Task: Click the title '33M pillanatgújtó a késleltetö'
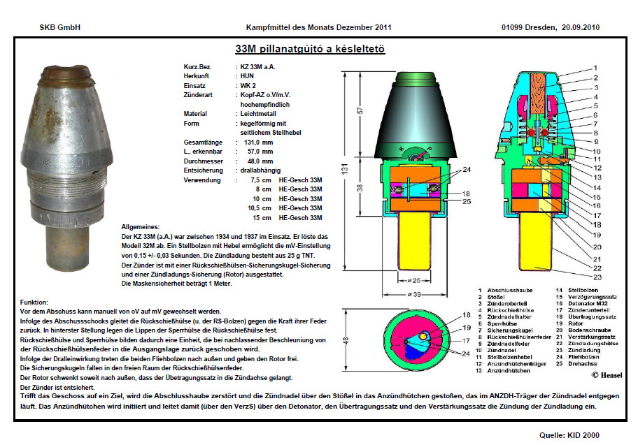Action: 310,50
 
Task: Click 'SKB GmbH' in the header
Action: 60,27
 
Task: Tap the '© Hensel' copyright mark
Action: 606,374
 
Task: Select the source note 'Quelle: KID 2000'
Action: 570,435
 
